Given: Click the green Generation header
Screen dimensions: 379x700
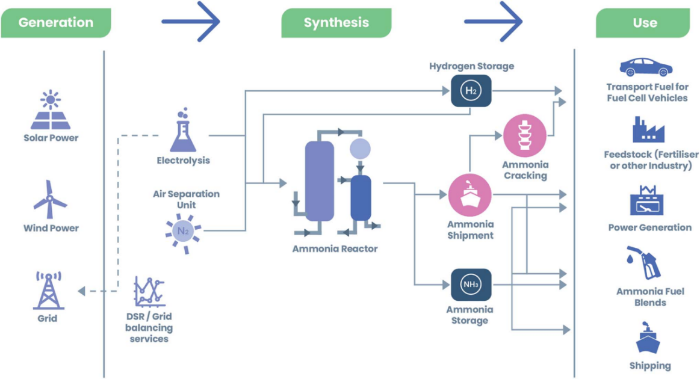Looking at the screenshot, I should click(55, 23).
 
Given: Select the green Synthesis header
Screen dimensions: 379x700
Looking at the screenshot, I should click(336, 23).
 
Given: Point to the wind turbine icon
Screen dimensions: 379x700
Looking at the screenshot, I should click(51, 200).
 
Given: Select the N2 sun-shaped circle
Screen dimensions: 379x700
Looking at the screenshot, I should click(182, 231).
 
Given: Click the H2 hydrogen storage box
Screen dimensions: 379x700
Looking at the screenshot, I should click(471, 91).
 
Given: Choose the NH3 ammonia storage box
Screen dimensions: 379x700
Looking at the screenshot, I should click(471, 284).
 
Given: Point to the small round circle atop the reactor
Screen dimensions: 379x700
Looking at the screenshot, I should click(361, 149).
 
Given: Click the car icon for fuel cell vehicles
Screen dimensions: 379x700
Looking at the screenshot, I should click(646, 66).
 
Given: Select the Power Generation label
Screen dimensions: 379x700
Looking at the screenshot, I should click(649, 227).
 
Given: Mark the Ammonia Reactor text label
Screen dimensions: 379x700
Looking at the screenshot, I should click(335, 248).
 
